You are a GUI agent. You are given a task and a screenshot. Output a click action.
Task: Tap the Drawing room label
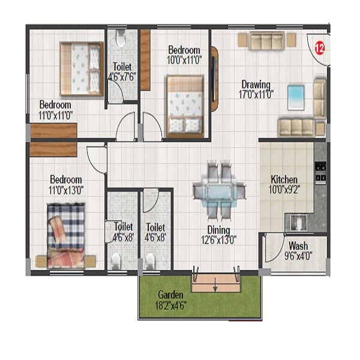256,84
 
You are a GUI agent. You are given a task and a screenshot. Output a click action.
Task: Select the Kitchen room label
284,179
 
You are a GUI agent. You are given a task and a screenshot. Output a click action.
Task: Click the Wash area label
298,245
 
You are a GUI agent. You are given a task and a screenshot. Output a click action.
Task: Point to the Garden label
170,295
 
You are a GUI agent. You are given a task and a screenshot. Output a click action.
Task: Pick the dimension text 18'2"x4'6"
170,304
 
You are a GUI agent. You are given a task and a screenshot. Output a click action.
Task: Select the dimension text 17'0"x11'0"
256,94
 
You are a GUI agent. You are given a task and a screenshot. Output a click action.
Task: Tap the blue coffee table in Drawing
296,96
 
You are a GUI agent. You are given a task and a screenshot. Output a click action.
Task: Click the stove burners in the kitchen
320,172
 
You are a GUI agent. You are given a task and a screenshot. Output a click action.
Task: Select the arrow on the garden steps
214,287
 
